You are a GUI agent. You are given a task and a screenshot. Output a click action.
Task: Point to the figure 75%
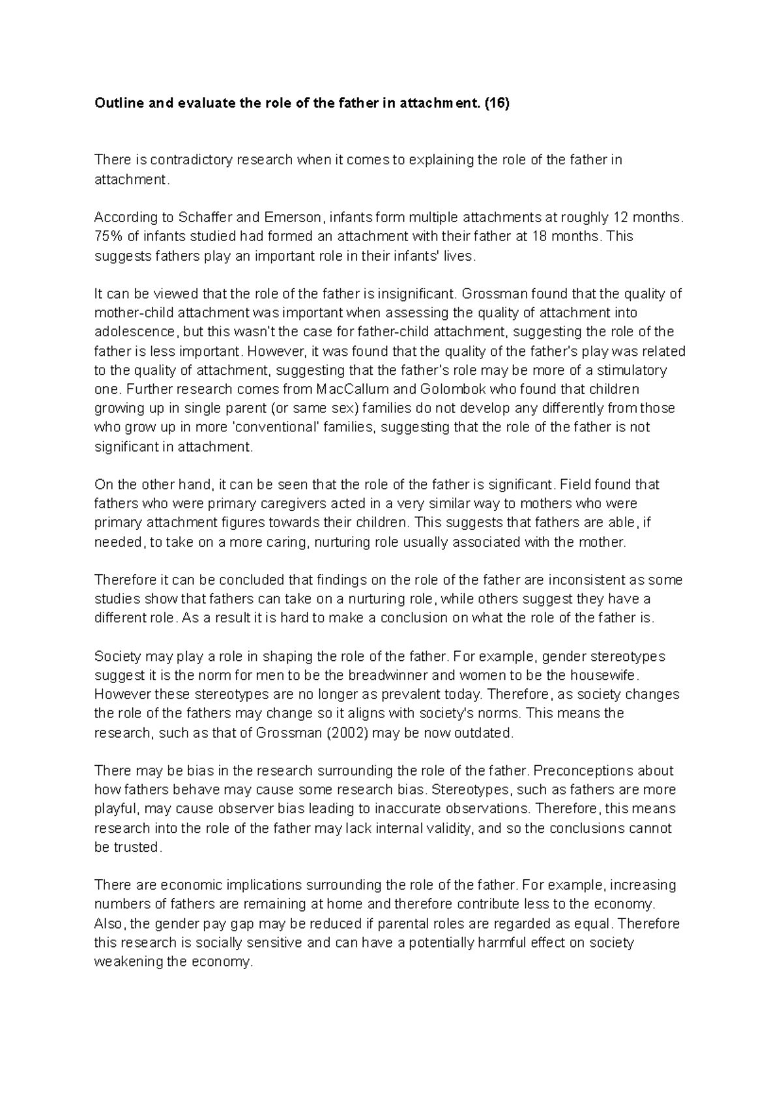pos(108,236)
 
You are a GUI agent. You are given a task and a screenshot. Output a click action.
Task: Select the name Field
pos(575,485)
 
